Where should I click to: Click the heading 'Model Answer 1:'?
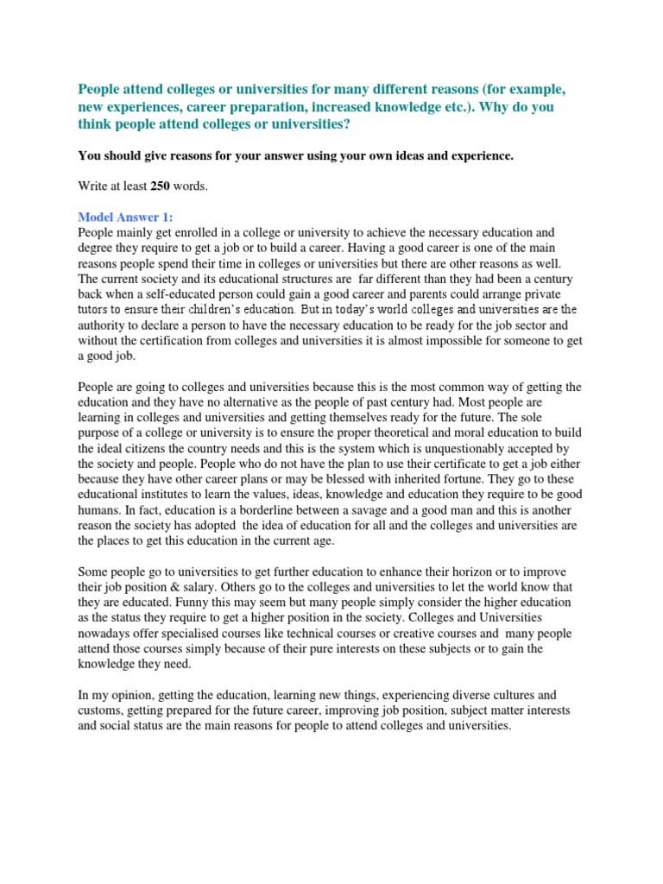[x=126, y=217]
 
